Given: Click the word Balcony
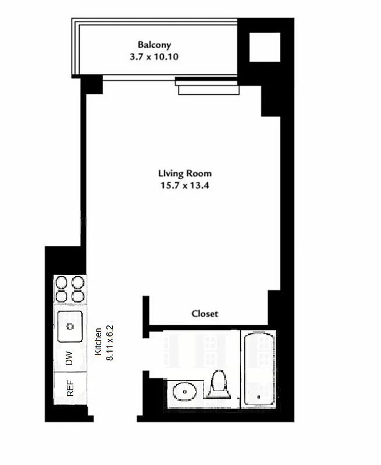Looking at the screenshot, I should [x=154, y=45].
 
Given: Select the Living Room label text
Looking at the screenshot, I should [x=184, y=173].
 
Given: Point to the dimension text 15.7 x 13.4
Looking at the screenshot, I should [x=184, y=185].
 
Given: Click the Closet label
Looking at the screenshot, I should [x=205, y=314].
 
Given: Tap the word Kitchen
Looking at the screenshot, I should [x=99, y=341].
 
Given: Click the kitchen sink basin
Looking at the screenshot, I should [x=70, y=327].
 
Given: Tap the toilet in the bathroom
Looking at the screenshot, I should [x=219, y=386].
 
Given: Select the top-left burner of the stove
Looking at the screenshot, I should [x=62, y=283].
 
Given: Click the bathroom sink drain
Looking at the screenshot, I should [x=186, y=392].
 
